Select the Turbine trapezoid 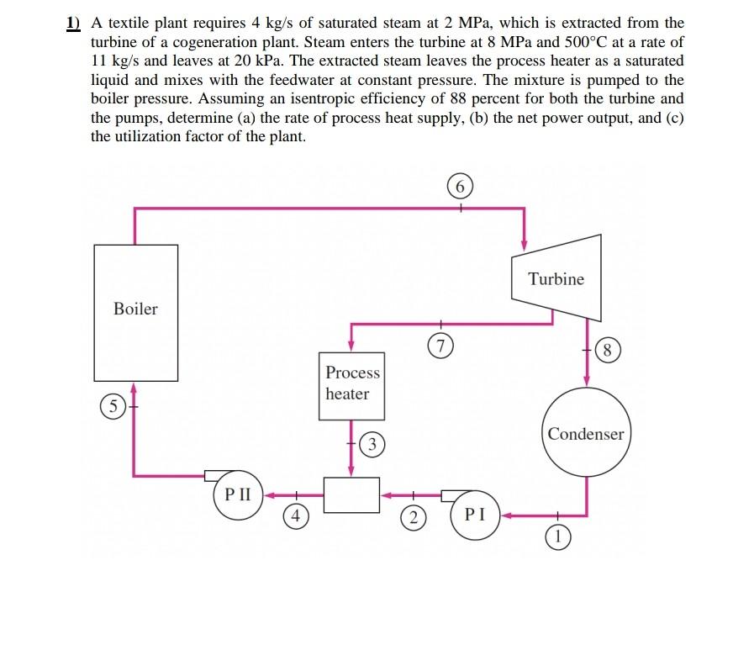pos(556,279)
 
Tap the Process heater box pos(352,385)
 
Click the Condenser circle pos(586,434)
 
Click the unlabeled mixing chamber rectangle pos(351,495)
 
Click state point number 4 pos(294,516)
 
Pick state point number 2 pos(411,516)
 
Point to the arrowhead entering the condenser pos(586,382)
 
